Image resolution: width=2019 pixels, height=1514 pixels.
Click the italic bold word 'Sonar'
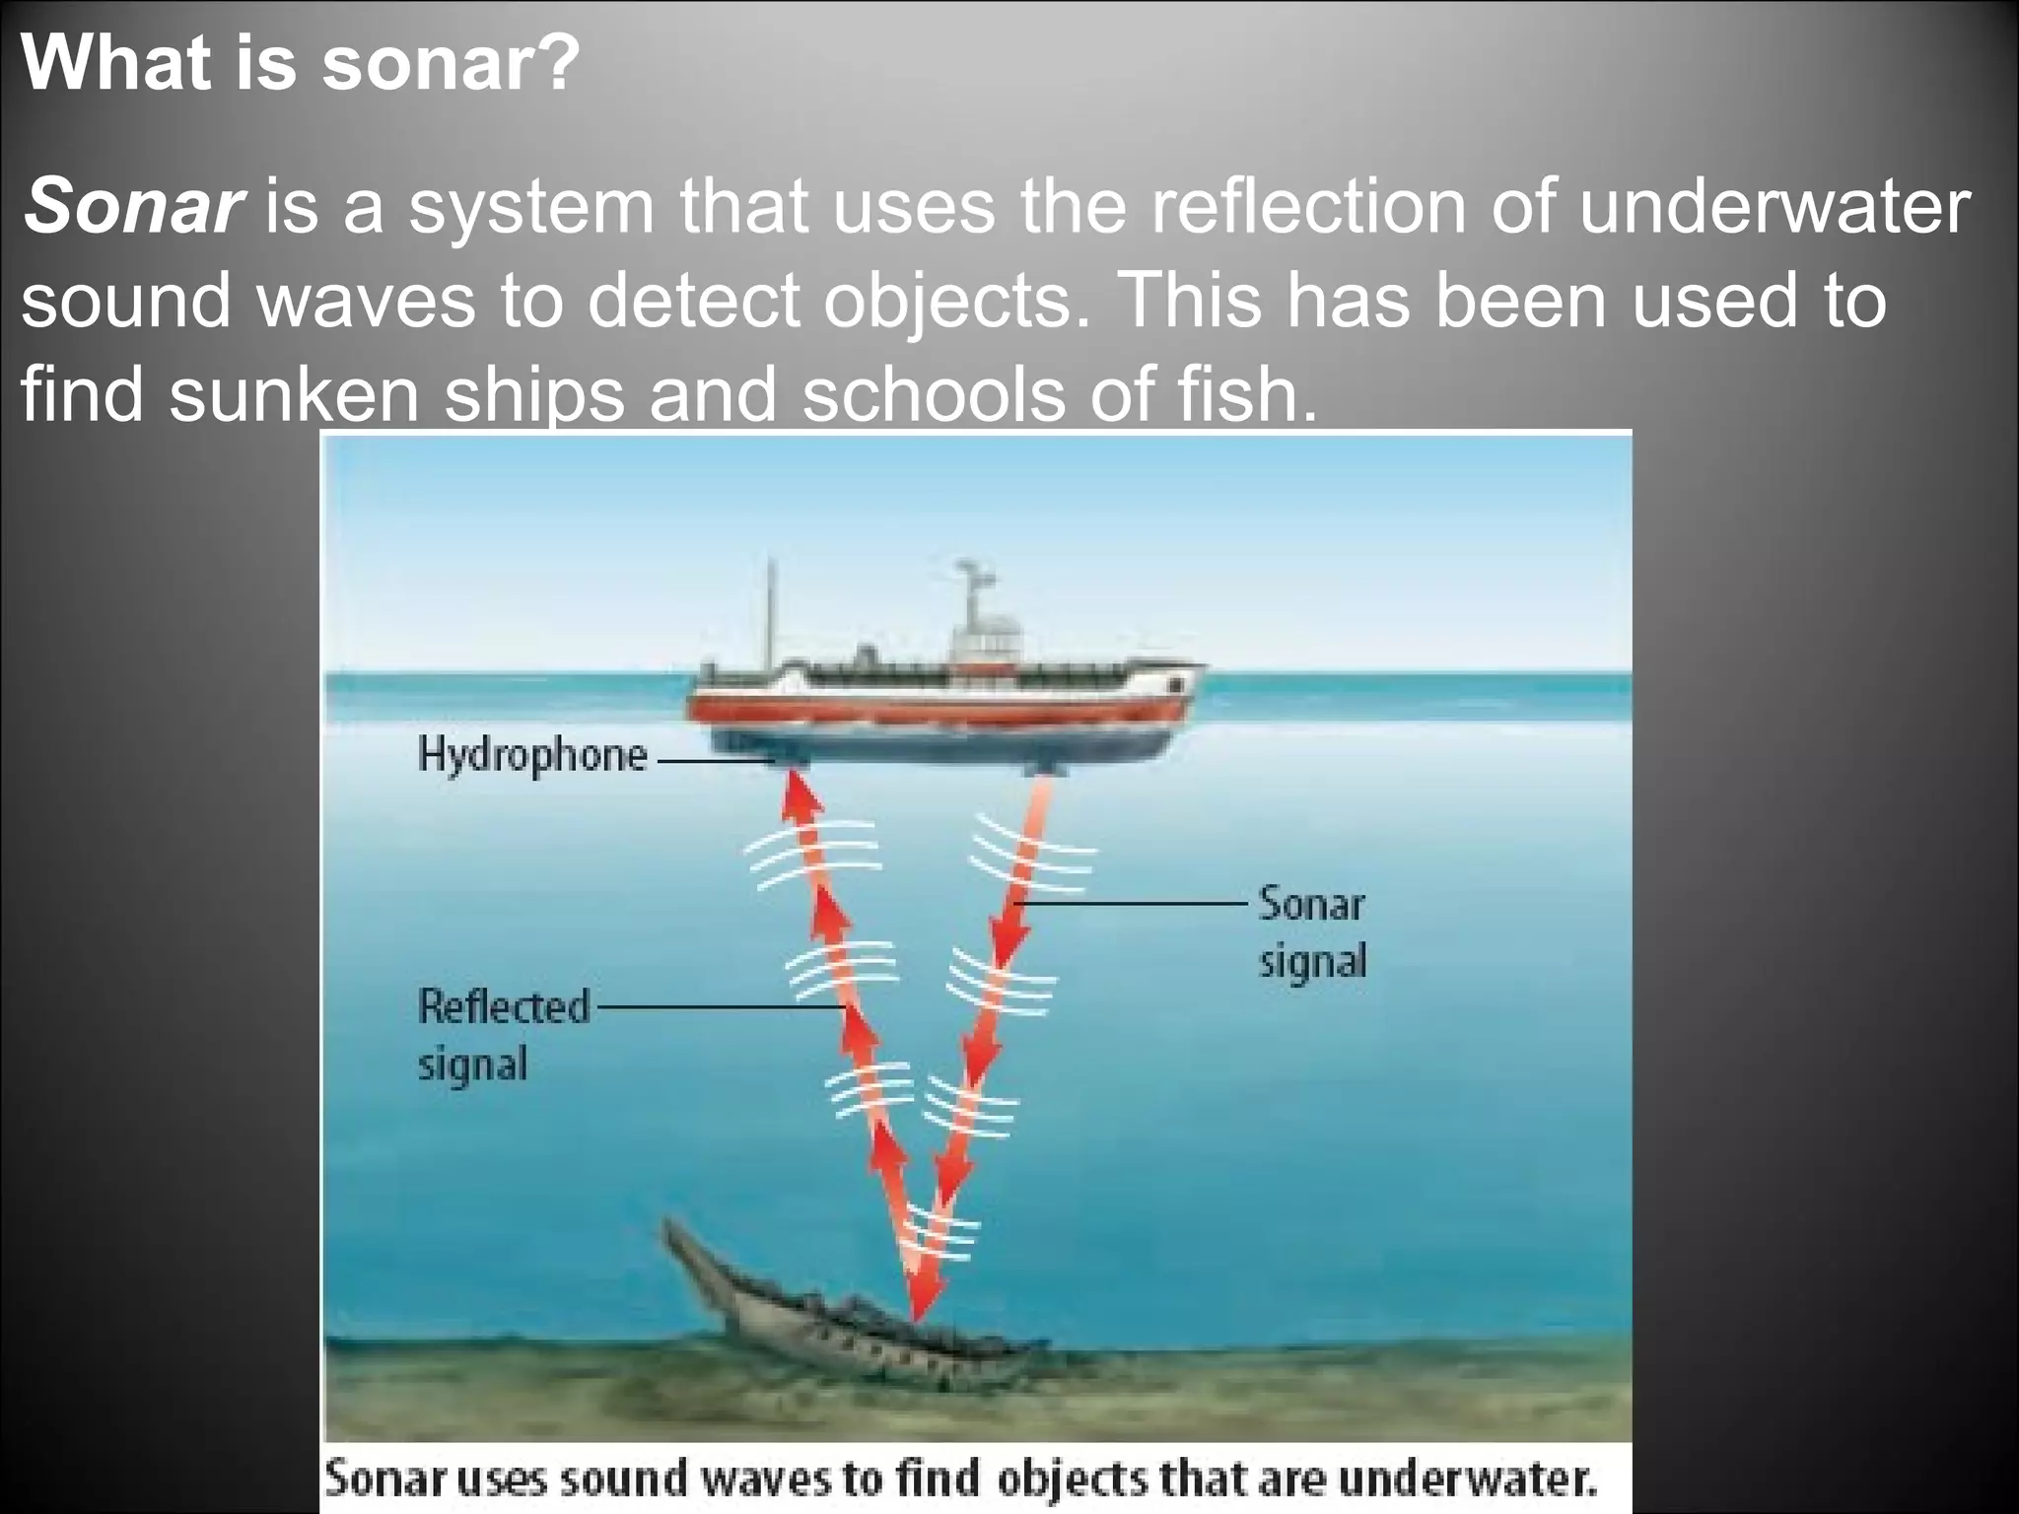pyautogui.click(x=132, y=207)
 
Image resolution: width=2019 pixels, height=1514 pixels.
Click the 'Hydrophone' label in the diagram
pyautogui.click(x=532, y=756)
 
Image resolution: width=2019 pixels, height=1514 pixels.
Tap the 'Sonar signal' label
pyautogui.click(x=1312, y=931)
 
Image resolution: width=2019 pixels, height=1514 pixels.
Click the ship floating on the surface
pyautogui.click(x=946, y=710)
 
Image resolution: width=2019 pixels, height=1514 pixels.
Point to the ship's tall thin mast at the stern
pyautogui.click(x=772, y=611)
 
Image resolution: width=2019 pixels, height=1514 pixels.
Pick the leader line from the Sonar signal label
pyautogui.click(x=1134, y=903)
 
